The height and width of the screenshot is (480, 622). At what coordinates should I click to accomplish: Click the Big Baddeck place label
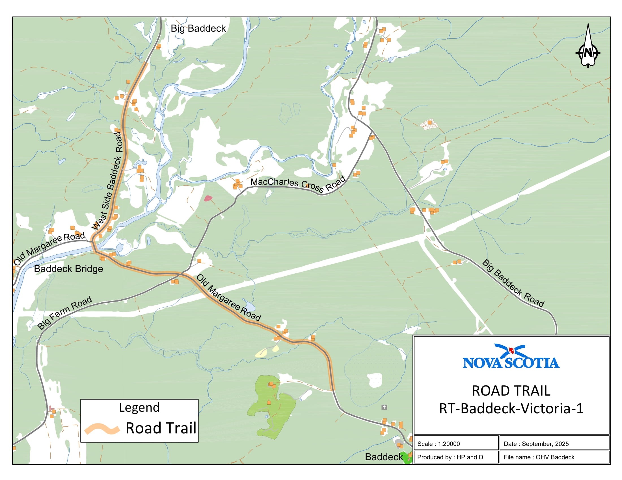(198, 29)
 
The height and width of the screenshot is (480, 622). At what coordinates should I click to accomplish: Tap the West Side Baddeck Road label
(107, 181)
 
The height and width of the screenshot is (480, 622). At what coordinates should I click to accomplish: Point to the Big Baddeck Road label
(513, 283)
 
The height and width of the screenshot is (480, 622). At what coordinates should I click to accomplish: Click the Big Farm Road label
(65, 313)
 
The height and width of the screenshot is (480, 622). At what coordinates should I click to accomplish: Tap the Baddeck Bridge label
(68, 269)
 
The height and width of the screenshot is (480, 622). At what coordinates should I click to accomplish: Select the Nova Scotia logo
(511, 357)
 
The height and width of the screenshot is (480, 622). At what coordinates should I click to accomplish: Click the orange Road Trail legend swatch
(102, 429)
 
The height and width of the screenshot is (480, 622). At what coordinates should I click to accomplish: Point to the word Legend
(139, 407)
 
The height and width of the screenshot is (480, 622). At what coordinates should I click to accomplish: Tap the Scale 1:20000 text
(439, 444)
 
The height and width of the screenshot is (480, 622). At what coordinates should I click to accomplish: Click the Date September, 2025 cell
(536, 444)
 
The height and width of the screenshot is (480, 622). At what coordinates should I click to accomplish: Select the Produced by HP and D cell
(450, 457)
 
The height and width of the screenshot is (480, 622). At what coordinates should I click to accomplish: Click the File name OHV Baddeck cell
(539, 457)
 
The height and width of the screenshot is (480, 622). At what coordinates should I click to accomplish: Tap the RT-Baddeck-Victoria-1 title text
(511, 408)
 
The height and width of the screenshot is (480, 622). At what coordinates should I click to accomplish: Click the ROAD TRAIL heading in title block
(511, 391)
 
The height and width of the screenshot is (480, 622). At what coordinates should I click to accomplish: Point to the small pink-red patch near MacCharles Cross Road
(208, 198)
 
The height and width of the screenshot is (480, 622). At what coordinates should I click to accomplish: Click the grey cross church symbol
(384, 407)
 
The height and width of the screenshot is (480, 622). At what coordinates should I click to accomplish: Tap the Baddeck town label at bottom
(384, 457)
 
